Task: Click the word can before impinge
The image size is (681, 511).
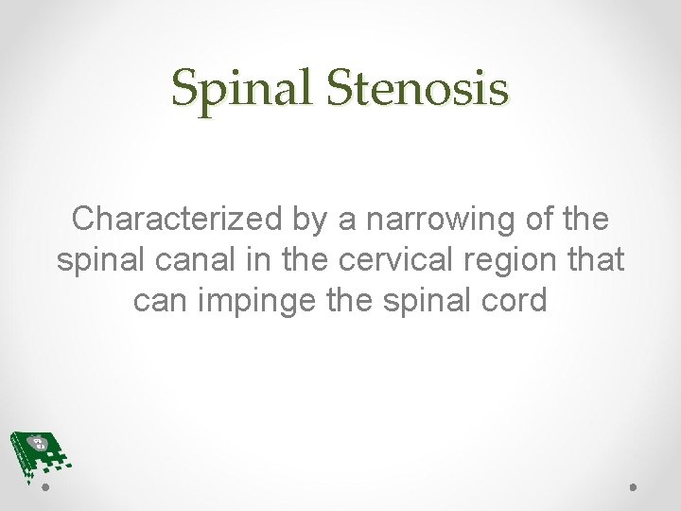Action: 162,300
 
